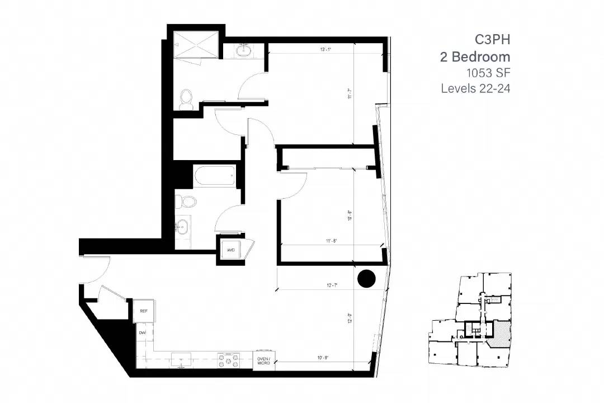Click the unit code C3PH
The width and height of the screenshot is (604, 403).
click(492, 39)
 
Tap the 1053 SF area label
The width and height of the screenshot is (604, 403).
click(488, 72)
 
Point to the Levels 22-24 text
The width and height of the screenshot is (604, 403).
click(475, 88)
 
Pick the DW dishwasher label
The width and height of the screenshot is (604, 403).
click(141, 332)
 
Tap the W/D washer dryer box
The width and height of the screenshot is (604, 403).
click(230, 250)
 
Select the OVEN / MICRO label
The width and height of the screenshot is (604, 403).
click(263, 361)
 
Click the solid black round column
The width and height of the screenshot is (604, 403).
click(366, 279)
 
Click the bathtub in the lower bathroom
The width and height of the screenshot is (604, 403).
click(214, 176)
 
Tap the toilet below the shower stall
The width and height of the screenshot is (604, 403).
click(187, 100)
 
